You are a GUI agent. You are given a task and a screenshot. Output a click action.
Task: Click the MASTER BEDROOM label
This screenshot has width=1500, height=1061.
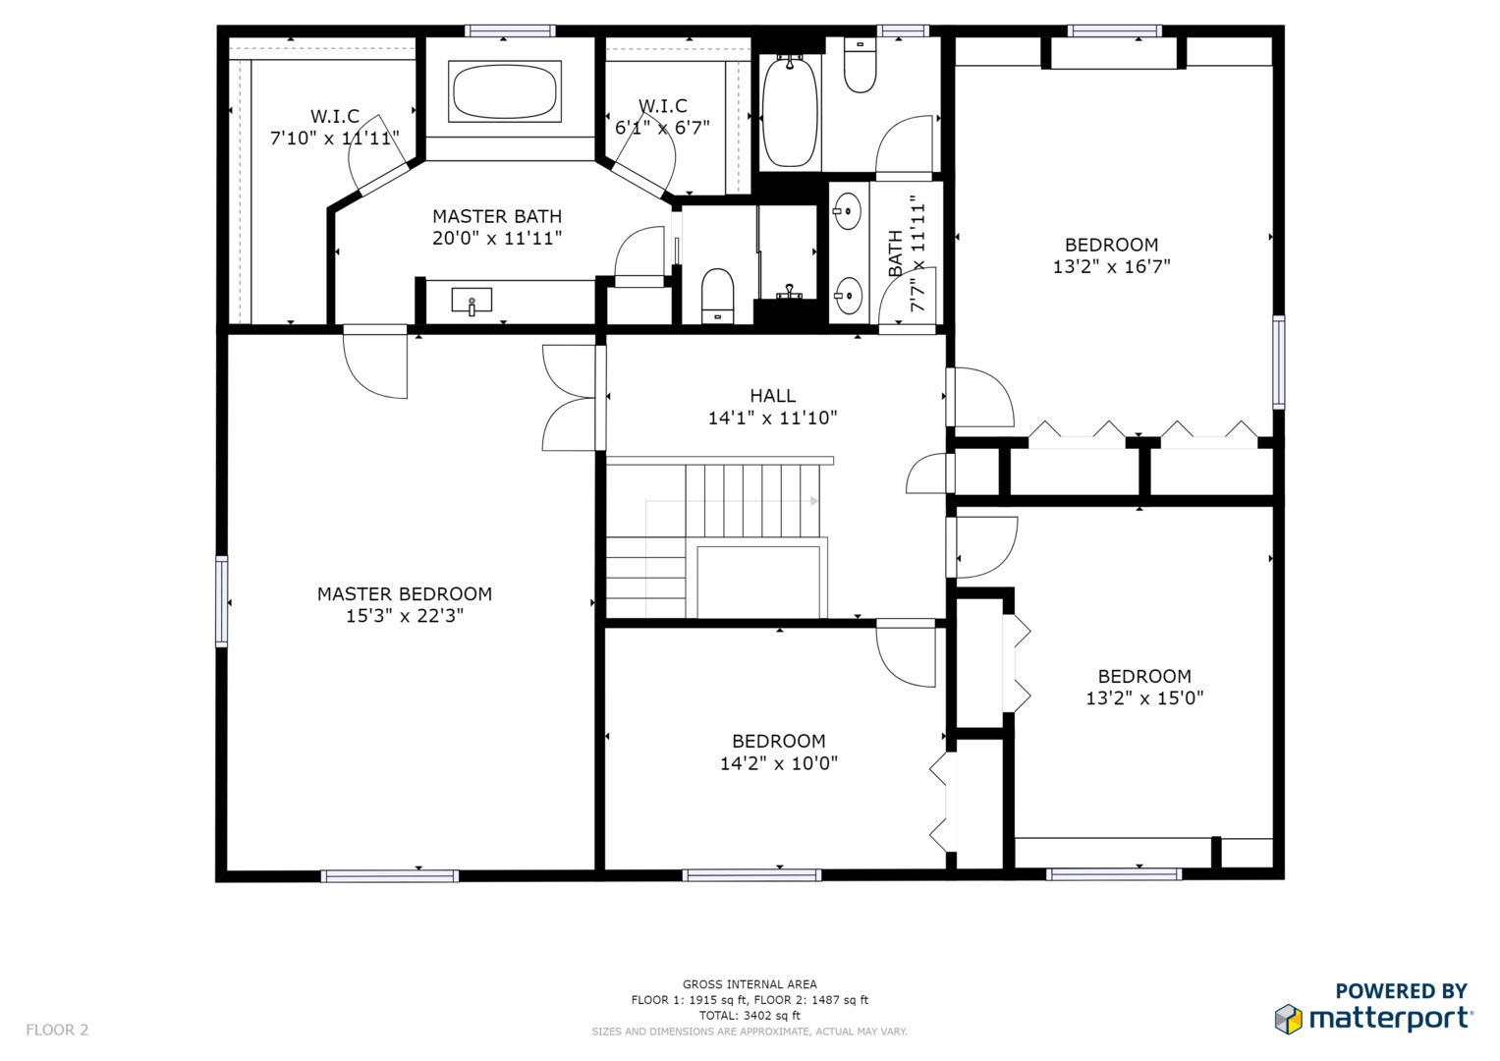pyautogui.click(x=405, y=594)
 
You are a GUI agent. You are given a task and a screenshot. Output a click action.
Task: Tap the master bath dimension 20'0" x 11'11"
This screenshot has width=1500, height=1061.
pyautogui.click(x=497, y=239)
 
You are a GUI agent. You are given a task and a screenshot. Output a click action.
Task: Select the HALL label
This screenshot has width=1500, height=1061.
pyautogui.click(x=773, y=396)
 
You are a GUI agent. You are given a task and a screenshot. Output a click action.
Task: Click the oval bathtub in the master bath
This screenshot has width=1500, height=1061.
pyautogui.click(x=504, y=91)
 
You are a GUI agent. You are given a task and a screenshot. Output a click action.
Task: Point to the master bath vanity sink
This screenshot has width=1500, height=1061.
pyautogui.click(x=472, y=301)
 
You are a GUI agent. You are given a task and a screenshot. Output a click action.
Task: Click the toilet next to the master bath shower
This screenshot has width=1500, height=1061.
pyautogui.click(x=717, y=297)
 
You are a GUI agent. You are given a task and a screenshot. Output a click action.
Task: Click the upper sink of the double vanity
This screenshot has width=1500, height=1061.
pyautogui.click(x=848, y=211)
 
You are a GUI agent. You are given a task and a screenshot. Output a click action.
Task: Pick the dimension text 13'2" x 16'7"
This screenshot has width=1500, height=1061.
pyautogui.click(x=1112, y=266)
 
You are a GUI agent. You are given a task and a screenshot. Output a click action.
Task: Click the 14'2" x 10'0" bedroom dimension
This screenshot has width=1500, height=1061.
pyautogui.click(x=779, y=763)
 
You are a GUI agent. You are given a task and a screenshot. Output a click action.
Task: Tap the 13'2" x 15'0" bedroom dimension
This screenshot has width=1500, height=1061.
pyautogui.click(x=1144, y=698)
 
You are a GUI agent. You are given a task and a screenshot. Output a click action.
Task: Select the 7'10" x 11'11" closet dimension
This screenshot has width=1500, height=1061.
pyautogui.click(x=335, y=138)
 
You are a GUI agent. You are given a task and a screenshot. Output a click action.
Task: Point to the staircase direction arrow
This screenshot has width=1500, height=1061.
pyautogui.click(x=732, y=501)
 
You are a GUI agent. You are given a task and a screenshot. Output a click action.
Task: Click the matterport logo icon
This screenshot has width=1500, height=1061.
pyautogui.click(x=1288, y=1020)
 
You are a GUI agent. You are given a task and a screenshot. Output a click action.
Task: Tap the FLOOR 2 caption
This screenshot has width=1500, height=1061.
pyautogui.click(x=57, y=1030)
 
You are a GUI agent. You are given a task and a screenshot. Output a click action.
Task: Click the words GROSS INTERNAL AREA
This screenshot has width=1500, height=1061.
pyautogui.click(x=750, y=984)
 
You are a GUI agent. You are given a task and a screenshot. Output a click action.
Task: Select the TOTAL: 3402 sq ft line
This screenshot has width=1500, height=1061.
pyautogui.click(x=750, y=1016)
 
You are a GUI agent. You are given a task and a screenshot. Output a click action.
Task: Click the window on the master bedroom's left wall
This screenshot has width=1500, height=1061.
pyautogui.click(x=222, y=601)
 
